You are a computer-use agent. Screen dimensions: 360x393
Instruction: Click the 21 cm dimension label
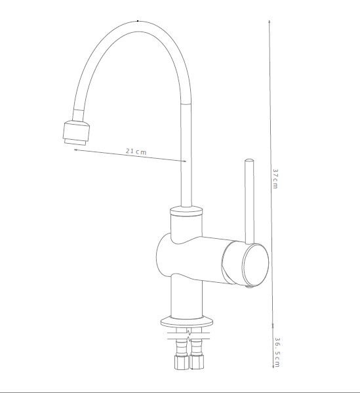[x=136, y=152]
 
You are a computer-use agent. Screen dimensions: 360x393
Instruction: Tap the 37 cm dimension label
[x=275, y=178]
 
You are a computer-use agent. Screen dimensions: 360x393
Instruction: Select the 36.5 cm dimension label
[x=277, y=352]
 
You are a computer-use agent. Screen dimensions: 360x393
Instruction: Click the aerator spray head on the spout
[x=76, y=133]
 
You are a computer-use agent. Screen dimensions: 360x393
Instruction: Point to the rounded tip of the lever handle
[x=249, y=160]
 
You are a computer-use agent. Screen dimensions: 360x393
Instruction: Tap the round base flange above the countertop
[x=187, y=322]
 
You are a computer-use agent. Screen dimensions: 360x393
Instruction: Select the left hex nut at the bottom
[x=181, y=362]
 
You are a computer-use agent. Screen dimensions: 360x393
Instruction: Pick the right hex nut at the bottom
[x=197, y=362]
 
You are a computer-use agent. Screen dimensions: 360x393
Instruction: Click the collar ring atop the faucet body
[x=186, y=211]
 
